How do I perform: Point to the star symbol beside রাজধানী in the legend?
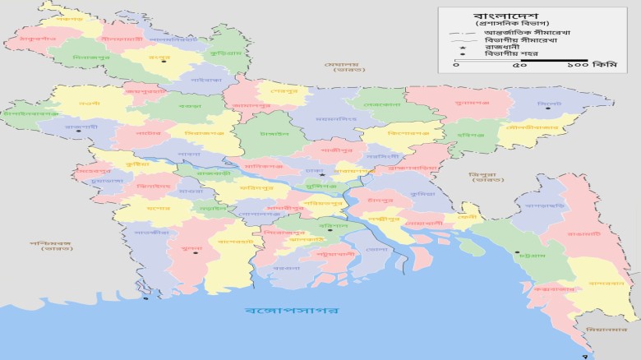pos(462,47)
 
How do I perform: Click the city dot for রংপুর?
pos(164,61)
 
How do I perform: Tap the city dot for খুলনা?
pos(196,252)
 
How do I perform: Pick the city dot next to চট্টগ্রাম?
pos(517,253)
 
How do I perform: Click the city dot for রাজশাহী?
pos(79,131)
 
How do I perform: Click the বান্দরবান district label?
pos(602,283)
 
